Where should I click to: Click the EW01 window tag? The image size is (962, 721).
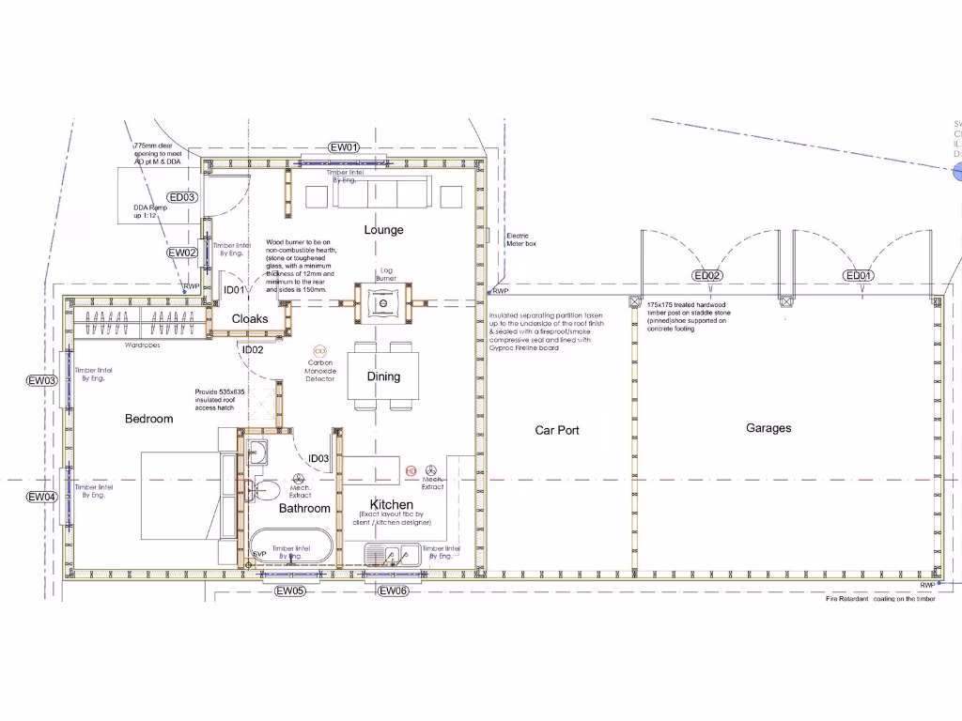click(x=344, y=147)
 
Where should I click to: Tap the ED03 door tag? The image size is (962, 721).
click(x=182, y=197)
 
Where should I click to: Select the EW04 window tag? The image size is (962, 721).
click(x=42, y=497)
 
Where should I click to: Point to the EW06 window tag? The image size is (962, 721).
click(x=393, y=591)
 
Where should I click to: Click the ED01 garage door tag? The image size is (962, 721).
click(x=859, y=276)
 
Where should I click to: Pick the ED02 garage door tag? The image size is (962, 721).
click(x=706, y=276)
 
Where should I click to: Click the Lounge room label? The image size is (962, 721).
click(x=383, y=230)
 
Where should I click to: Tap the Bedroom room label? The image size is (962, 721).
click(x=149, y=419)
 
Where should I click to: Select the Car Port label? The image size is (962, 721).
click(x=557, y=430)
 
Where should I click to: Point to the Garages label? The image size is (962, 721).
click(x=768, y=428)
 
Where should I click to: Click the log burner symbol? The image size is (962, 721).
click(x=384, y=302)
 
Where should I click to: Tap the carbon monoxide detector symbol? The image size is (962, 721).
click(x=319, y=350)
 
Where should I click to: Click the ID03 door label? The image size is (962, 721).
click(x=318, y=459)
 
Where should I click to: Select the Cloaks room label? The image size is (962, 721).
click(x=250, y=319)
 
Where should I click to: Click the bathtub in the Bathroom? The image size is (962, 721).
click(x=290, y=548)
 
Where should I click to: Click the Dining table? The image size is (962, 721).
click(x=383, y=376)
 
